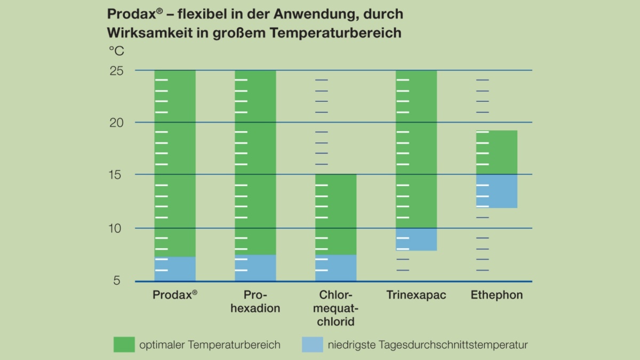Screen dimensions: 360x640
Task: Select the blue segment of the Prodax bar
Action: [175, 269]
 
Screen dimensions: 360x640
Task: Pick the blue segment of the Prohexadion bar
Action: [255, 268]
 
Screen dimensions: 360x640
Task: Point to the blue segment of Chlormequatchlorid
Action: [336, 268]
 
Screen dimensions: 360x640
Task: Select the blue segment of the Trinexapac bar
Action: [417, 239]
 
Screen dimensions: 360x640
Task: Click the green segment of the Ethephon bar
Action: [497, 152]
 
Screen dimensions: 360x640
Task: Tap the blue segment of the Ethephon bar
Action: [497, 191]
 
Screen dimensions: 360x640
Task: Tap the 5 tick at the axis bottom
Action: [117, 281]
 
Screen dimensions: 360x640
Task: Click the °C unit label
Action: [116, 51]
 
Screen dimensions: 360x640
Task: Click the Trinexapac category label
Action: [416, 295]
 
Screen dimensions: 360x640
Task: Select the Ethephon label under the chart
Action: [497, 295]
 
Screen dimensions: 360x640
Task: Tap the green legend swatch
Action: [124, 345]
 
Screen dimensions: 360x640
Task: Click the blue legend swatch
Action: [313, 345]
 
